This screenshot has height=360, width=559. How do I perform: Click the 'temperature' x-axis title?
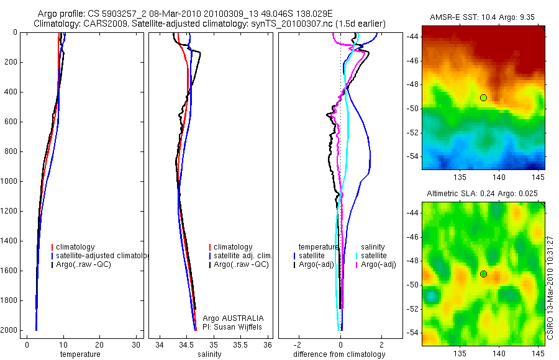(x=80, y=354)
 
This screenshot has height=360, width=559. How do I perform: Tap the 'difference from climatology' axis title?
(x=340, y=354)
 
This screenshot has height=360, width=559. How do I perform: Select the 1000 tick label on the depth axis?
(x=9, y=181)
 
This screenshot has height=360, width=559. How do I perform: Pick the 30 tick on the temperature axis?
(x=136, y=345)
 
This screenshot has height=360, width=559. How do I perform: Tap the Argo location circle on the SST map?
(x=483, y=97)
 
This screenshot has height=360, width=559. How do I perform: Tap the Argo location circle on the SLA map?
(x=483, y=274)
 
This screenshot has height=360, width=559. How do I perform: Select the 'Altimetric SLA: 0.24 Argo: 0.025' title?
(x=483, y=194)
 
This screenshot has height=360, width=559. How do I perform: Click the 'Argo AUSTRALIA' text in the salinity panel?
(x=229, y=318)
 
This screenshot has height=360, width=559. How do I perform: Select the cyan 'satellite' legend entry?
(x=373, y=256)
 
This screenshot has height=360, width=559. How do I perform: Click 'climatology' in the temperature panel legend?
(x=75, y=247)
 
